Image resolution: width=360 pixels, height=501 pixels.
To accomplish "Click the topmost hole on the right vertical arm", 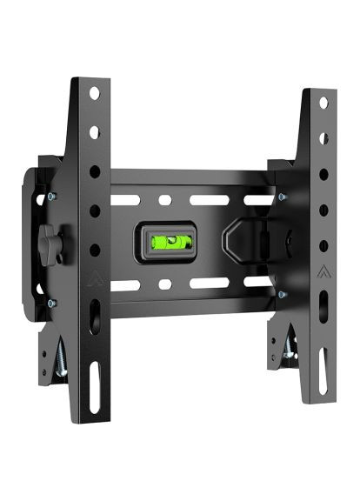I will point(323,103).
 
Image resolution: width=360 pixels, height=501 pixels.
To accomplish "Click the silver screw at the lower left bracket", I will point(60,356).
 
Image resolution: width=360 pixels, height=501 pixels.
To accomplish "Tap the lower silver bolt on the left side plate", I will point(50,303).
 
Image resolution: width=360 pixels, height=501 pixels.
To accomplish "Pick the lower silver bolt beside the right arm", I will point(282,294).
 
